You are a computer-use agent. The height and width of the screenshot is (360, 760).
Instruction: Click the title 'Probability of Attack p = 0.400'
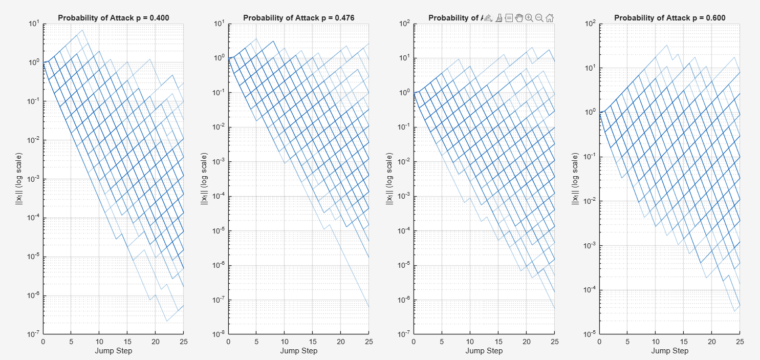[x=113, y=18]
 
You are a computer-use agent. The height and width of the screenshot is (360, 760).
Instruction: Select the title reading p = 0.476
[x=298, y=18]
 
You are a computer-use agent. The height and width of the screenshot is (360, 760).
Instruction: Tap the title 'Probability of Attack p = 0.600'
[x=669, y=18]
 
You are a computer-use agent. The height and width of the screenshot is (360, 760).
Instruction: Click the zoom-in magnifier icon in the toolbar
[x=529, y=18]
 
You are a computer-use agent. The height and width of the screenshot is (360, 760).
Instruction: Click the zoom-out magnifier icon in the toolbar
[x=539, y=18]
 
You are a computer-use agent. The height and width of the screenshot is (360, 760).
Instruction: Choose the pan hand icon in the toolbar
[x=519, y=18]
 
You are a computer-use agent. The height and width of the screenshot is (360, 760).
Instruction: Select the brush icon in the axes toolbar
[x=498, y=18]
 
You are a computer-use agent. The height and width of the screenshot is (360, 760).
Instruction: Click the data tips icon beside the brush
[x=509, y=18]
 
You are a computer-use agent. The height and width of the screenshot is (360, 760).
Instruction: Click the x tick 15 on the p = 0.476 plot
[x=312, y=342]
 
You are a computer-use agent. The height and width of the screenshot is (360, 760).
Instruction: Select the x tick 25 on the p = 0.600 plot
[x=739, y=342]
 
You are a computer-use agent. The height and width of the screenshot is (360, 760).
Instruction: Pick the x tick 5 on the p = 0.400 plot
[x=71, y=342]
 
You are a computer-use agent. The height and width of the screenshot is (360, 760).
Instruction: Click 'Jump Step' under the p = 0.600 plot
[x=669, y=351]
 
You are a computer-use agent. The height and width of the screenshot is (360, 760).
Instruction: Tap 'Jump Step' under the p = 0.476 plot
[x=298, y=351]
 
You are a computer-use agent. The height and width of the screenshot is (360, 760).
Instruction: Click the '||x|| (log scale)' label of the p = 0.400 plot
[x=18, y=179]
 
